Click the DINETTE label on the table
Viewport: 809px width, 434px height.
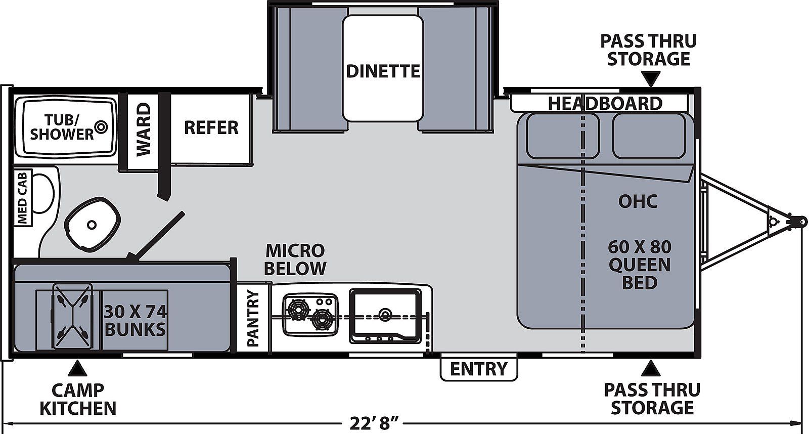click(383, 71)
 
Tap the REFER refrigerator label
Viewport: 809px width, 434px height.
click(211, 127)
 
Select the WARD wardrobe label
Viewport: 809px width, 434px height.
click(143, 129)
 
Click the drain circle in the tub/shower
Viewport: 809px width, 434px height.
click(101, 126)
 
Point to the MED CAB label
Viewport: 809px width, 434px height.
click(22, 198)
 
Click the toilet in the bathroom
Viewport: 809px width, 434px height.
click(92, 224)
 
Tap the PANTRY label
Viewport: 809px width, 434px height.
click(253, 318)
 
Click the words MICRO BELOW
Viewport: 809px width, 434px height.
click(295, 259)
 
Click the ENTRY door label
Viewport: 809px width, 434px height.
click(478, 369)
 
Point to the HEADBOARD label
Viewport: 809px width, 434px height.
click(605, 103)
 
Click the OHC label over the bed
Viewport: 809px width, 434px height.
click(638, 201)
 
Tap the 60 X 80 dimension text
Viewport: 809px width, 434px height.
click(640, 247)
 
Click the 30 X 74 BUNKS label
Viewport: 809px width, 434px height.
click(136, 320)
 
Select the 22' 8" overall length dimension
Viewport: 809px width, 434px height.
click(375, 423)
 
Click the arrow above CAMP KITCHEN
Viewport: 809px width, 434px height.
click(78, 368)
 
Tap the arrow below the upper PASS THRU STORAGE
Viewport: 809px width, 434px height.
click(650, 79)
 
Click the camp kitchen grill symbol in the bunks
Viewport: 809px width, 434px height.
click(73, 316)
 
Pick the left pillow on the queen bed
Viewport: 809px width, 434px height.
click(562, 136)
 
